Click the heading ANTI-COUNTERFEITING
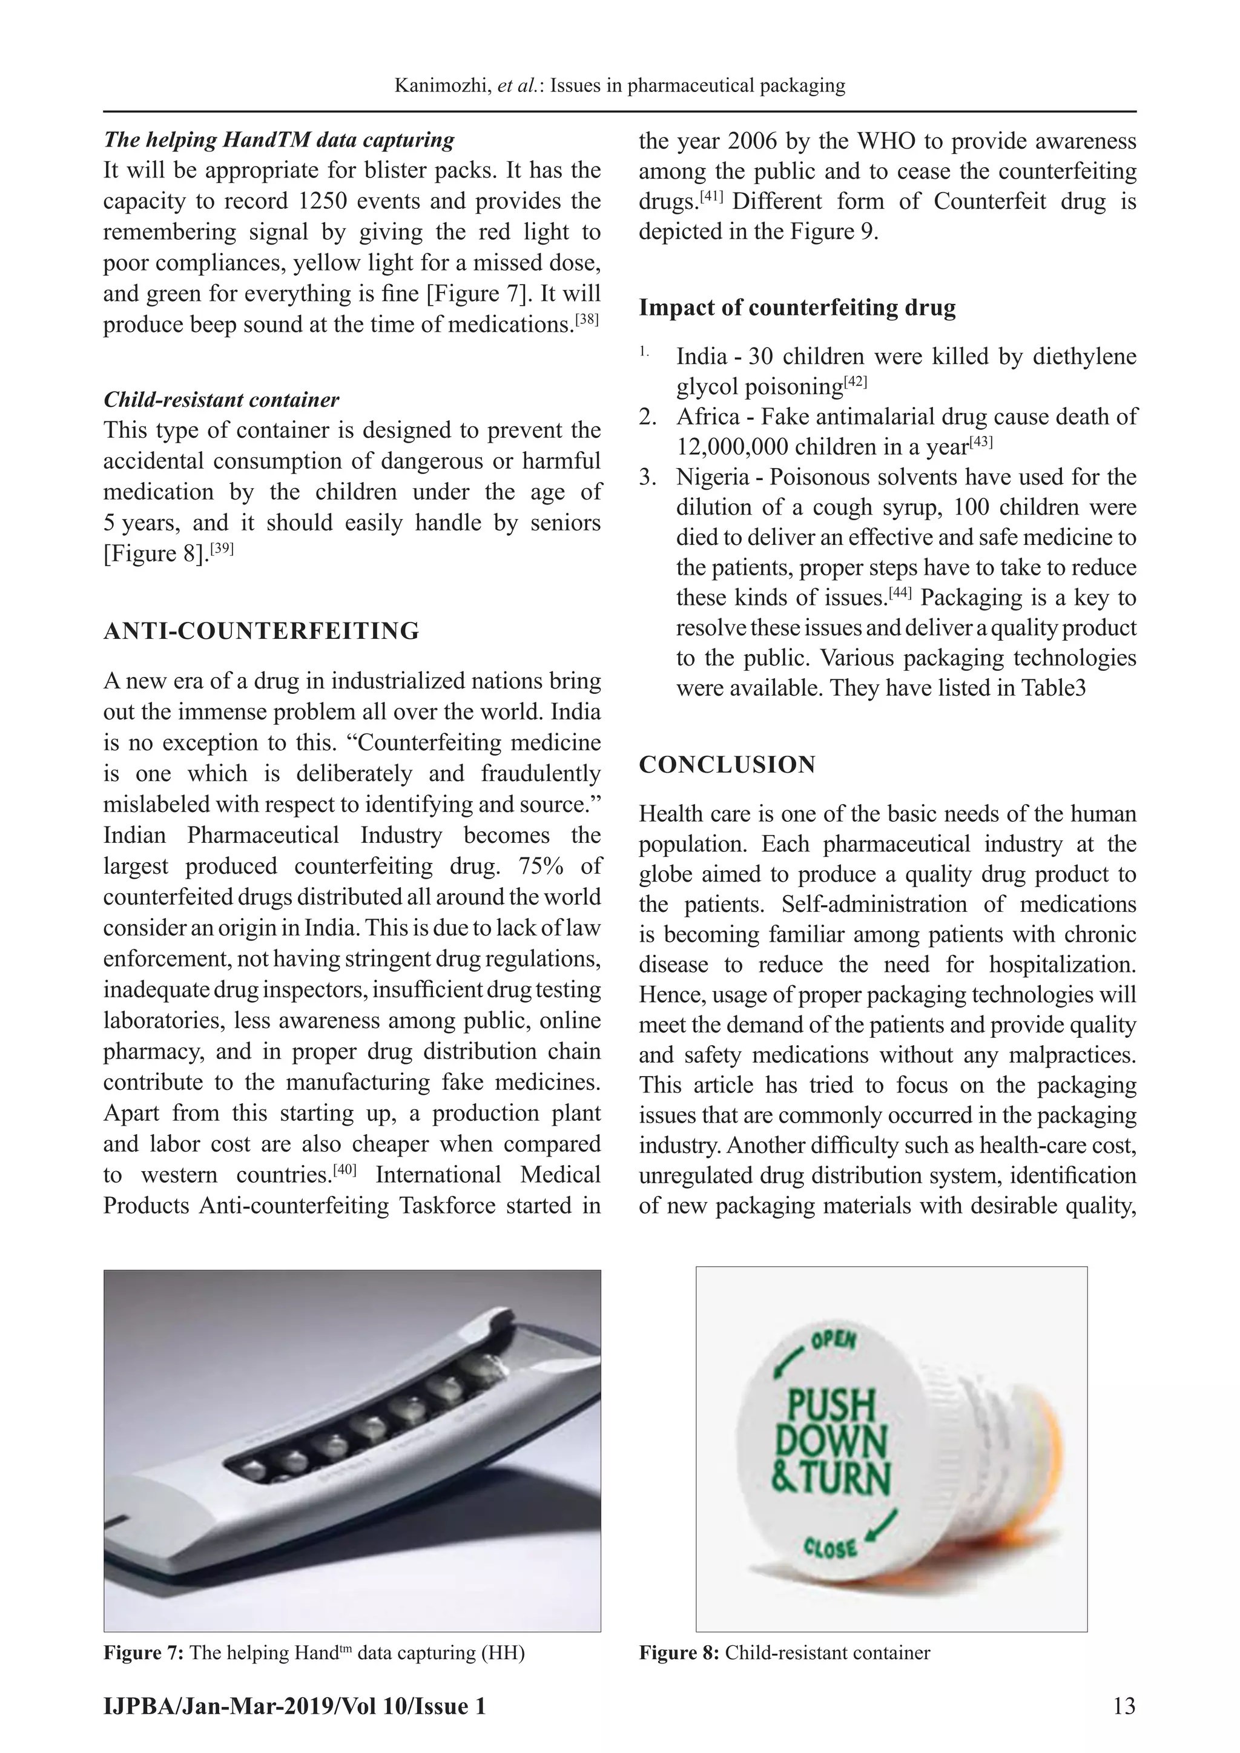tap(261, 632)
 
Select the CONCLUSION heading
tap(727, 765)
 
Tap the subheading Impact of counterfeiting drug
tap(797, 308)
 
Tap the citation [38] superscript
tap(588, 320)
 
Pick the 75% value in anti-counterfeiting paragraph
tap(539, 866)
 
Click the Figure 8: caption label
tap(679, 1654)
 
